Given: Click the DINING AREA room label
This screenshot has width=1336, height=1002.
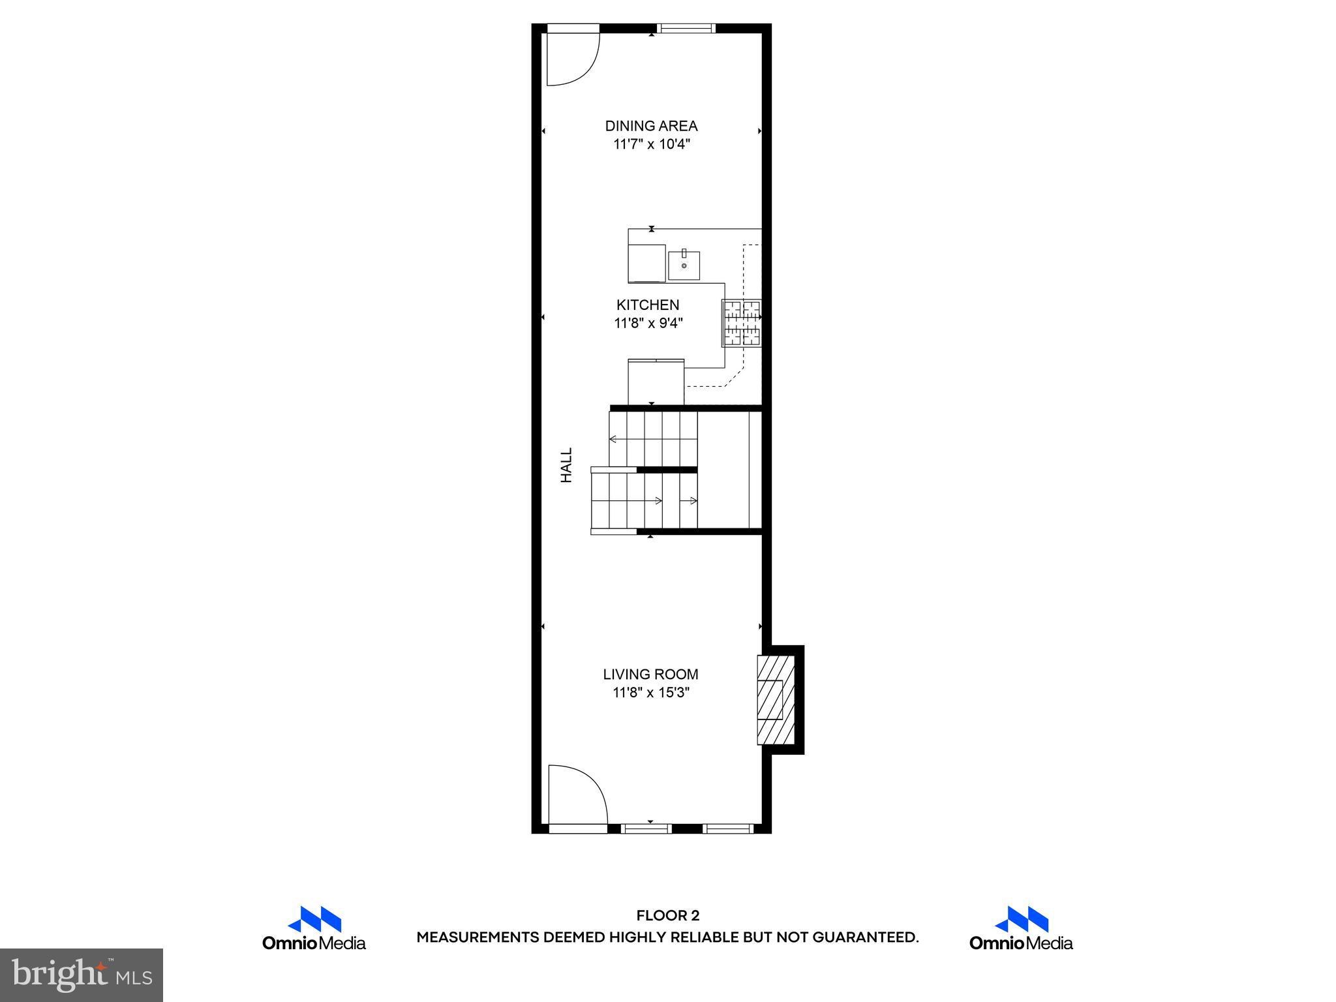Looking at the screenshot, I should coord(651,126).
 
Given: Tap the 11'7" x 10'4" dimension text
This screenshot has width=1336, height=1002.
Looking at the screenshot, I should coord(651,144).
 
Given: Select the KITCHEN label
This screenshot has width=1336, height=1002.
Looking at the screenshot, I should coord(648,305).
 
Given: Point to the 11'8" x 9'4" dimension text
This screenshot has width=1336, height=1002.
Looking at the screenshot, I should coord(648,323).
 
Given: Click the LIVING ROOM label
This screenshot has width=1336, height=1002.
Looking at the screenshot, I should coord(650,675).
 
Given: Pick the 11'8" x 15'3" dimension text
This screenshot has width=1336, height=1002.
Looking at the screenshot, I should coord(650,693).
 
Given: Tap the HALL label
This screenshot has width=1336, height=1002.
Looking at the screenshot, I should coord(566,464).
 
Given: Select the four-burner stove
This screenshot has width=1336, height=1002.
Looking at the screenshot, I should coord(742,323).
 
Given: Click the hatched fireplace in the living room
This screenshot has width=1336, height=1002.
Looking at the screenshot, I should coord(776,699).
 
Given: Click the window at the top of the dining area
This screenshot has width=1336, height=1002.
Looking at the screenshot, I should coord(686,28).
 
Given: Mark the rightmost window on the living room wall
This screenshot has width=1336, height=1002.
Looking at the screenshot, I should coord(728,828).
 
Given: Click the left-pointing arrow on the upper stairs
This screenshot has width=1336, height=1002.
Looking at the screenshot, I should coord(614,439).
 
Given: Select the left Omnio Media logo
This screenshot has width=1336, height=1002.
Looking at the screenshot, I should coord(314,928).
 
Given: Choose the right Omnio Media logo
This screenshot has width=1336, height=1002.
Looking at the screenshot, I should coord(1021,928).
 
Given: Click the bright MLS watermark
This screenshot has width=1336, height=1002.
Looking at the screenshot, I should coord(82,975).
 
